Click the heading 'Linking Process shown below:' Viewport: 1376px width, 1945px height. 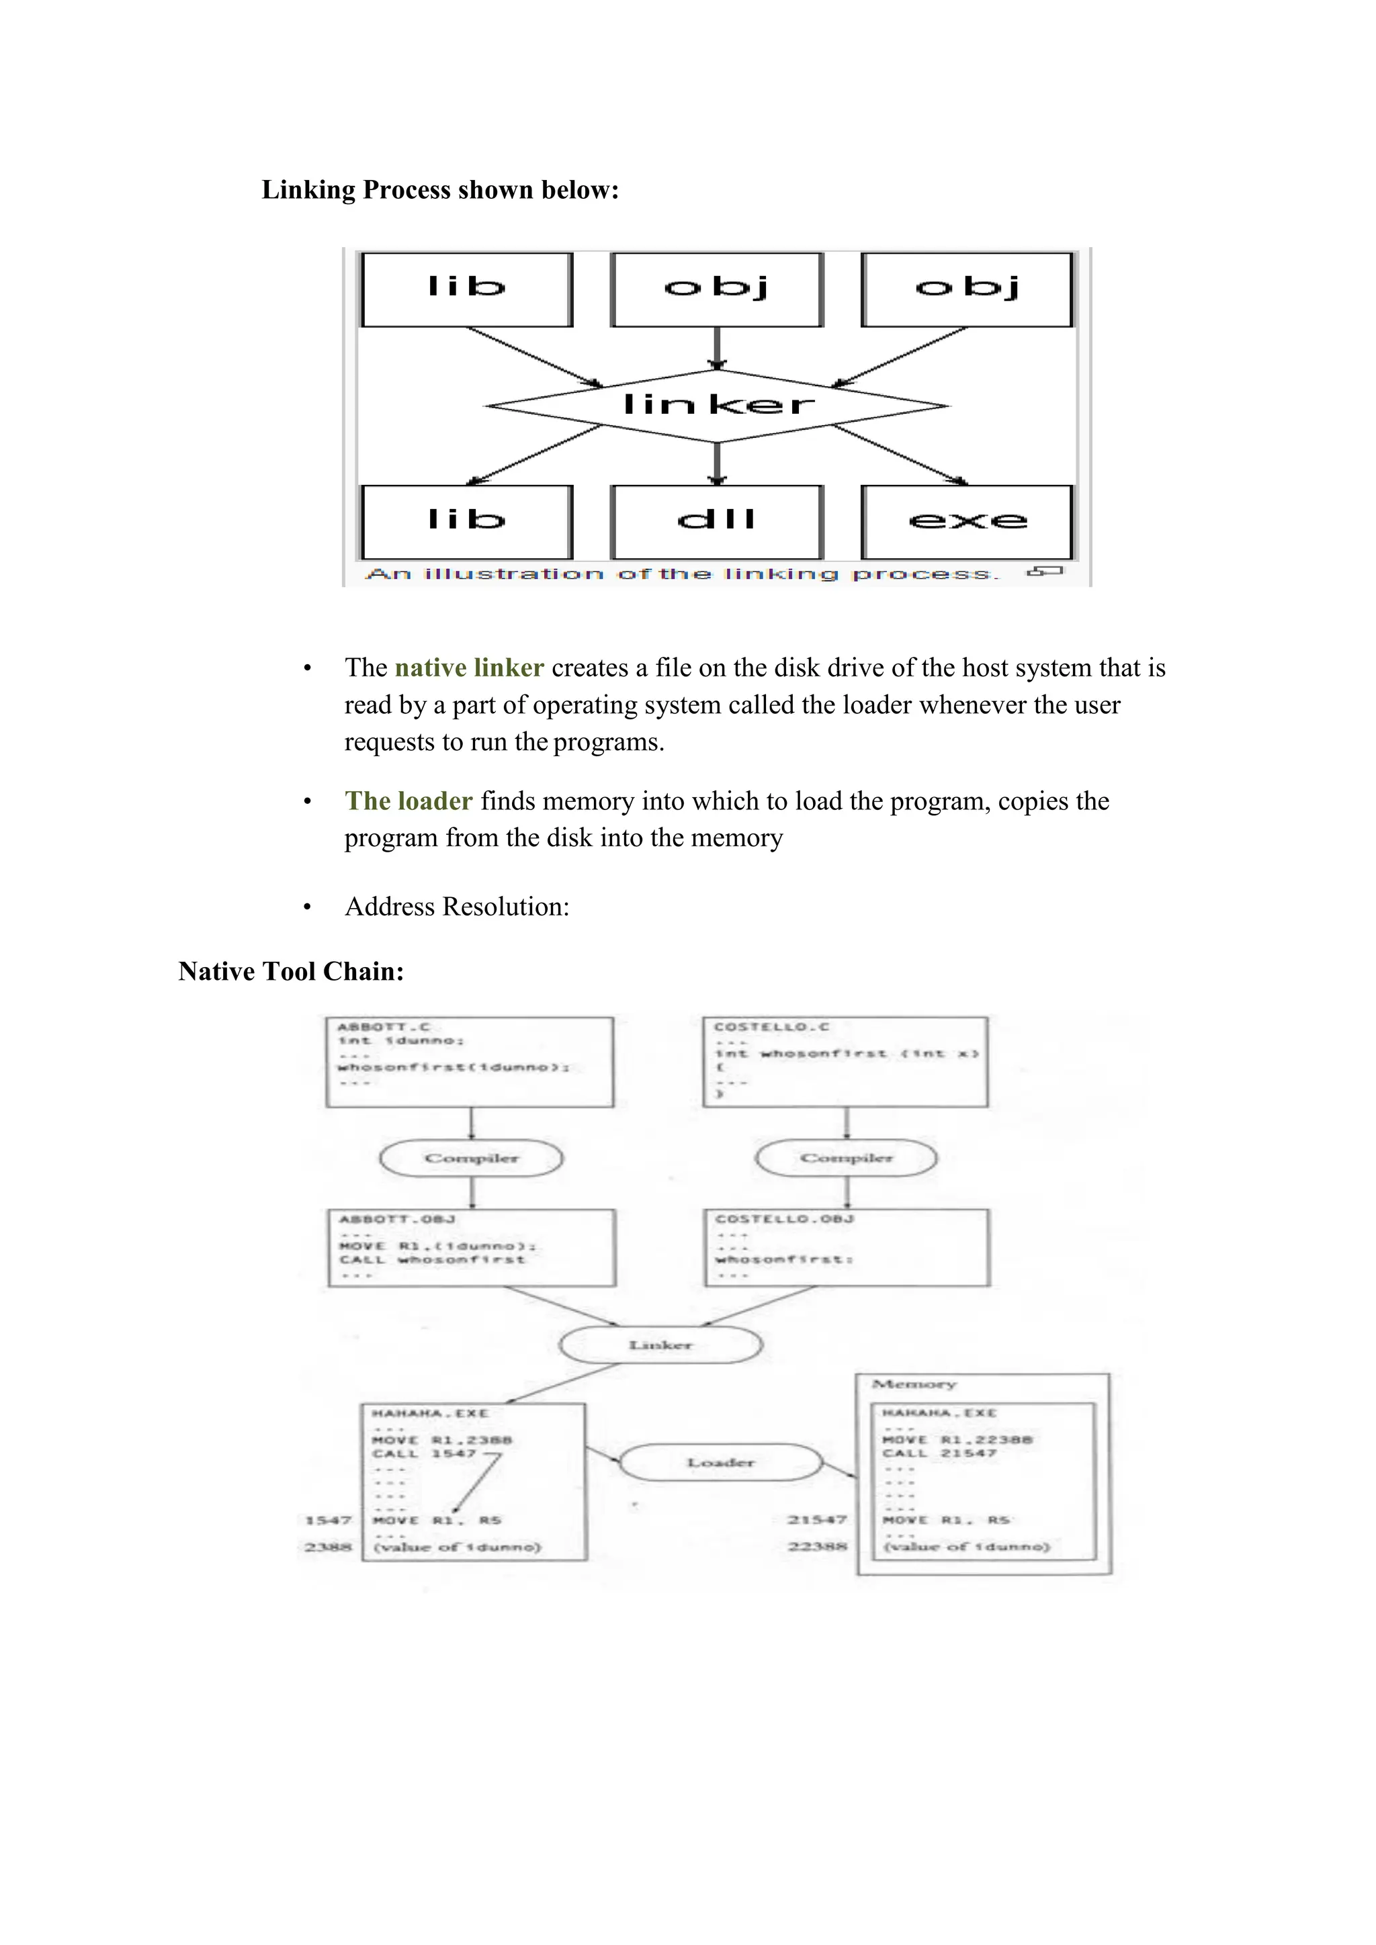click(440, 190)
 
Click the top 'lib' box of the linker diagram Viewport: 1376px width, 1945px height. click(467, 289)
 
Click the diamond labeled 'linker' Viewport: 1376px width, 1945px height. click(718, 405)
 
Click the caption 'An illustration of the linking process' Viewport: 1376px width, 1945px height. click(682, 574)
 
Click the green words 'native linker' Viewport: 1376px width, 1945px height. click(468, 668)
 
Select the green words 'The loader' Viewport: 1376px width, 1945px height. click(408, 801)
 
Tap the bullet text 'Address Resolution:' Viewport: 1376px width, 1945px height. click(457, 907)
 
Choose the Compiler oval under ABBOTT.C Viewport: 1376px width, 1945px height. click(471, 1158)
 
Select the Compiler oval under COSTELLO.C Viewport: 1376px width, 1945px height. click(847, 1158)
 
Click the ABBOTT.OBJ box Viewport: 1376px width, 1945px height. click(472, 1248)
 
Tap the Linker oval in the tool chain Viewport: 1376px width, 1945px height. click(661, 1345)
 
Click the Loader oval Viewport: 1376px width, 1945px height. click(721, 1462)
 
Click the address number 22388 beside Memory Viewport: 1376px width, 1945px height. click(817, 1546)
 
